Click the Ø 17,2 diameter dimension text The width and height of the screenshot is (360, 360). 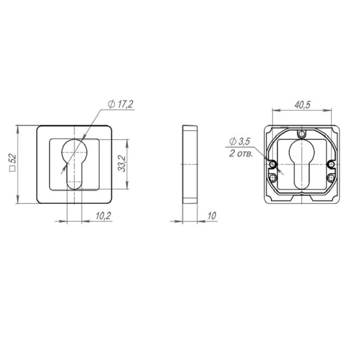click(121, 104)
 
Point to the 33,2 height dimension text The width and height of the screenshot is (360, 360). click(122, 164)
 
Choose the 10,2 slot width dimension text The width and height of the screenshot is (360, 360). click(103, 216)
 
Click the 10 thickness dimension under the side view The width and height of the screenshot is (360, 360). click(212, 216)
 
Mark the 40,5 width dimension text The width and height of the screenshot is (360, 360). click(302, 105)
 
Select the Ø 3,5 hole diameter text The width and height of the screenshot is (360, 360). click(239, 141)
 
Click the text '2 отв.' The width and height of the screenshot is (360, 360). click(241, 153)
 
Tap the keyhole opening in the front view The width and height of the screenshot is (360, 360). click(75, 164)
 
